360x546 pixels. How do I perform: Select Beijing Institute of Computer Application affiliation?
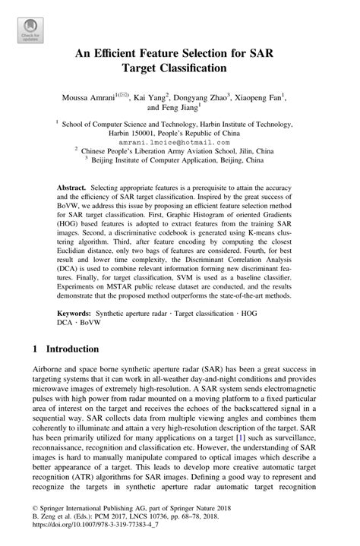pyautogui.click(x=178, y=161)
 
